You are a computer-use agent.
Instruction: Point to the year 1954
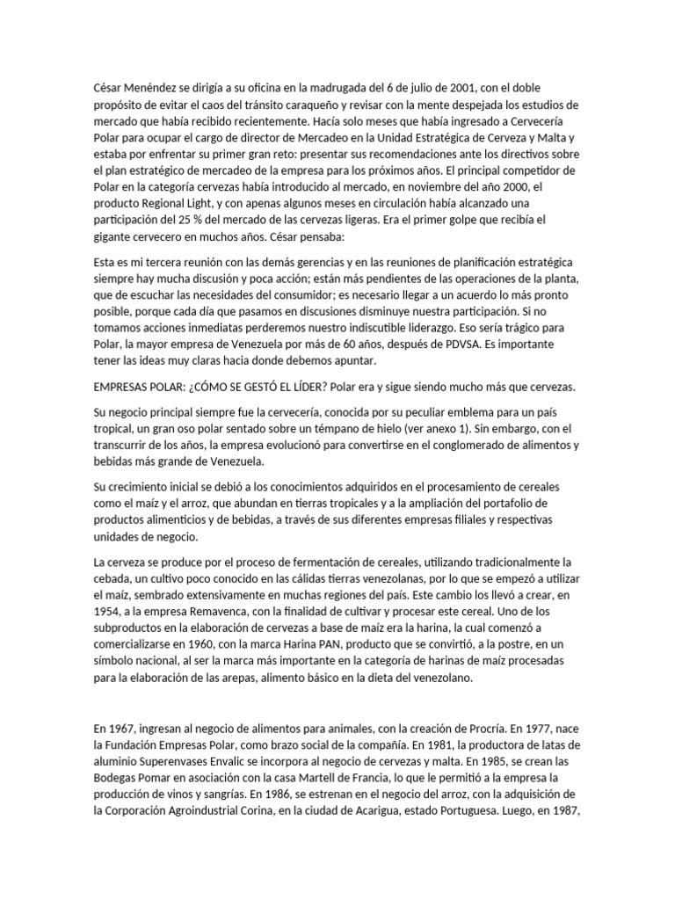click(107, 612)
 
